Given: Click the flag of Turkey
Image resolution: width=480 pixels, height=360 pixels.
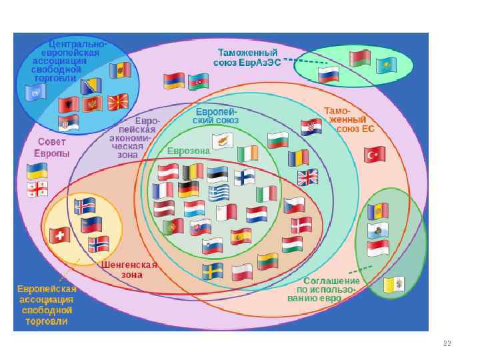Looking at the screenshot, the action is (x=375, y=155).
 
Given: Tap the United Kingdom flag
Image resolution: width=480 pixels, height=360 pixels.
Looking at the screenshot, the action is (x=308, y=177).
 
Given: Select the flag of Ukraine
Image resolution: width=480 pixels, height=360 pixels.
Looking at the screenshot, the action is (x=37, y=171).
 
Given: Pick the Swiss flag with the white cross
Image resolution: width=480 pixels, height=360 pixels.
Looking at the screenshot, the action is (x=60, y=235).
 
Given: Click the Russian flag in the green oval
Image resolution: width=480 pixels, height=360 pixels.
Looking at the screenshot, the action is (x=328, y=74).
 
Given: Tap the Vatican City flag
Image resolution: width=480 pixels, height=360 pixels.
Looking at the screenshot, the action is (x=394, y=285).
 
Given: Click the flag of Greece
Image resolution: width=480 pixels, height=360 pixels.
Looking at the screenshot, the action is (x=219, y=193).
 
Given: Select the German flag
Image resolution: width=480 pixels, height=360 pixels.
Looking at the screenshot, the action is (x=189, y=189).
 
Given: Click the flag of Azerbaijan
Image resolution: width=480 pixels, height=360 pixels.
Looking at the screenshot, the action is (x=199, y=82).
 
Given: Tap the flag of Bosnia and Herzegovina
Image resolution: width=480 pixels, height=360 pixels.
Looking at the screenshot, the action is (x=91, y=86).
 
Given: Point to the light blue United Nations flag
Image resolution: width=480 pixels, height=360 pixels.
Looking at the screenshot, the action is (x=34, y=92).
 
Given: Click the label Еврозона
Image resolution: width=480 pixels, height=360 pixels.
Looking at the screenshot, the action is (x=189, y=151).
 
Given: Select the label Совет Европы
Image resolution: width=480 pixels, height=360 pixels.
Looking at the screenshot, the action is (x=53, y=147).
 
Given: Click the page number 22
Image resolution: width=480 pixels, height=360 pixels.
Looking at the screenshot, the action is (x=447, y=343).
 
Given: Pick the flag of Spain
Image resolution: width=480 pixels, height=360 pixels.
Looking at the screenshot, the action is (x=241, y=237).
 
